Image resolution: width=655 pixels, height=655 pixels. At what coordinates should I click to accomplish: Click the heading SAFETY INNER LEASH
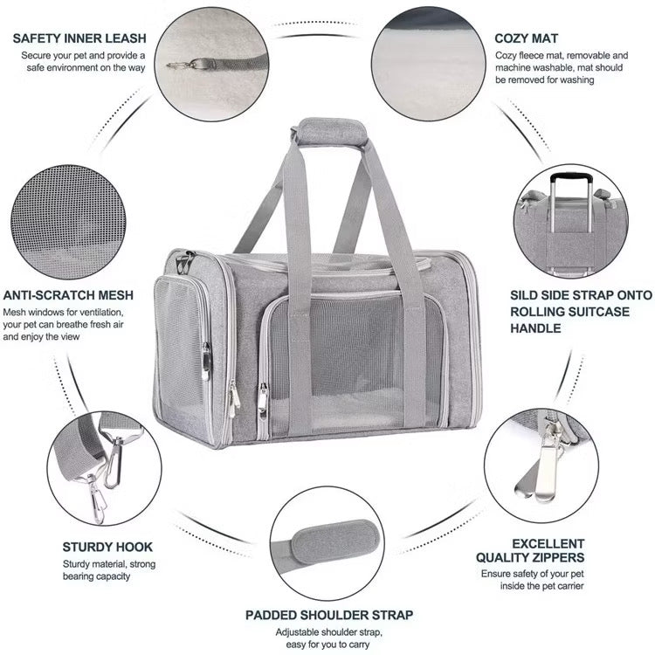(79, 38)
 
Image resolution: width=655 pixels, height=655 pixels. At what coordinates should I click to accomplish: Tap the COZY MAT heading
(526, 38)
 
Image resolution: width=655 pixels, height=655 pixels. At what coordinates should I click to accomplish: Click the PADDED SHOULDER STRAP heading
(329, 615)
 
